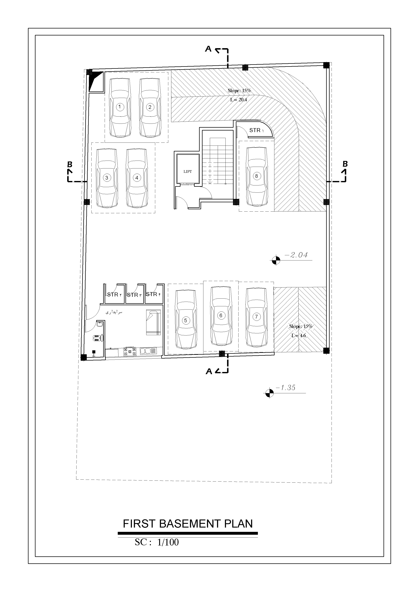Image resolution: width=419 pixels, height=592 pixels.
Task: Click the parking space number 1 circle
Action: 120,107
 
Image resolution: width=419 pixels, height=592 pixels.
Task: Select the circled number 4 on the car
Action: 137,178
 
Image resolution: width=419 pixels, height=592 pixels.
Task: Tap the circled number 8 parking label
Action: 256,176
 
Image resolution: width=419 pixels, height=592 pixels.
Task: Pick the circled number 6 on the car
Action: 221,315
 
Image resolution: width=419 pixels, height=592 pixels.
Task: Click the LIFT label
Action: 188,171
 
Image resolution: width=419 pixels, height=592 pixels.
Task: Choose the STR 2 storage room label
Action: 114,294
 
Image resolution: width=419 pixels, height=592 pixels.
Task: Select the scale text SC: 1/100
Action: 157,542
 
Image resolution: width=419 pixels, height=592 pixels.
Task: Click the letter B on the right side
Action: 345,164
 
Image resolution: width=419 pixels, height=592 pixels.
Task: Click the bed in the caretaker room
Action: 153,322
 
